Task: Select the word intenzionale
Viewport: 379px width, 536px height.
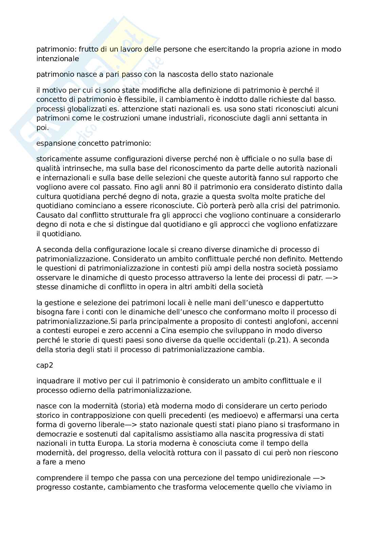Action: click(58, 59)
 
